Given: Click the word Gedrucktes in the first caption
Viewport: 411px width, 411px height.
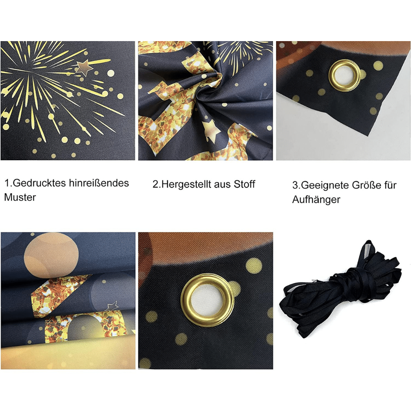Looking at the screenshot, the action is (x=39, y=183).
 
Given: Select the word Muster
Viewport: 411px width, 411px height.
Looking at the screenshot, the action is (x=20, y=197).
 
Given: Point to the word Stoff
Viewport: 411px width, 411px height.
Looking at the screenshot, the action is (x=244, y=184).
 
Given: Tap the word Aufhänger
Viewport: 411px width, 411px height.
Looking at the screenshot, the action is (x=316, y=200).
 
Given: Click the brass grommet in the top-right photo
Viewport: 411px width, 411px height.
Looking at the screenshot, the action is (x=344, y=75).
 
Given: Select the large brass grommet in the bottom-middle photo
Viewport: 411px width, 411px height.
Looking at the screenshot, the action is (x=207, y=300).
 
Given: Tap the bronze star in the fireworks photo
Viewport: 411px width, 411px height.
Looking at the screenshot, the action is (x=84, y=67).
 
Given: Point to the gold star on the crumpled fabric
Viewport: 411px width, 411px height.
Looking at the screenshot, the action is (x=211, y=130).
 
